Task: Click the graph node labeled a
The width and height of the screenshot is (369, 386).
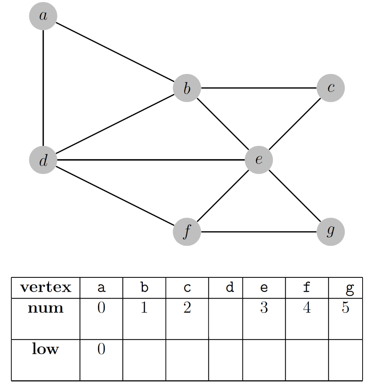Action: pos(43,16)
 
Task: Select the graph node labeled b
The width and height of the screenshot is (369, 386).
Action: pos(187,88)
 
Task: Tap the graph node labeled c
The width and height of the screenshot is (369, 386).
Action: pos(331,88)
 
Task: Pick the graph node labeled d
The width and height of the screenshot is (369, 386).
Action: pos(43,160)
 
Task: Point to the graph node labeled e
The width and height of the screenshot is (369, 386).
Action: pos(259,160)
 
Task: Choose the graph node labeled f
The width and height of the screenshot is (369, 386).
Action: pos(187,232)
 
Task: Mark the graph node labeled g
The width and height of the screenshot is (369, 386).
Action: pos(331,231)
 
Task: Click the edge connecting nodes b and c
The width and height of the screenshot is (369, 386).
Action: pos(259,88)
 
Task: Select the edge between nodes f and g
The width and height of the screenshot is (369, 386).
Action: pos(259,232)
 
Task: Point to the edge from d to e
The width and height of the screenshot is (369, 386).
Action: pos(151,160)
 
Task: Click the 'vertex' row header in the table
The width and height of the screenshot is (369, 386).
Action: pos(46,288)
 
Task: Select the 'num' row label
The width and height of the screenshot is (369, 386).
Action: pos(46,308)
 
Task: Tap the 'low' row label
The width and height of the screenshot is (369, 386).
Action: pos(46,349)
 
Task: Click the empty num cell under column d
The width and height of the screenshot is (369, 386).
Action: pos(225,319)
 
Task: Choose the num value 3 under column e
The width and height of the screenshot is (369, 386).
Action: pos(264,308)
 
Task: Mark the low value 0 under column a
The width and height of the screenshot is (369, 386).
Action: pos(101,349)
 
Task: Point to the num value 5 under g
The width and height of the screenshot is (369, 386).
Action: pos(346,308)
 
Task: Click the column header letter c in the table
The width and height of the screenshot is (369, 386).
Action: pos(187,288)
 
